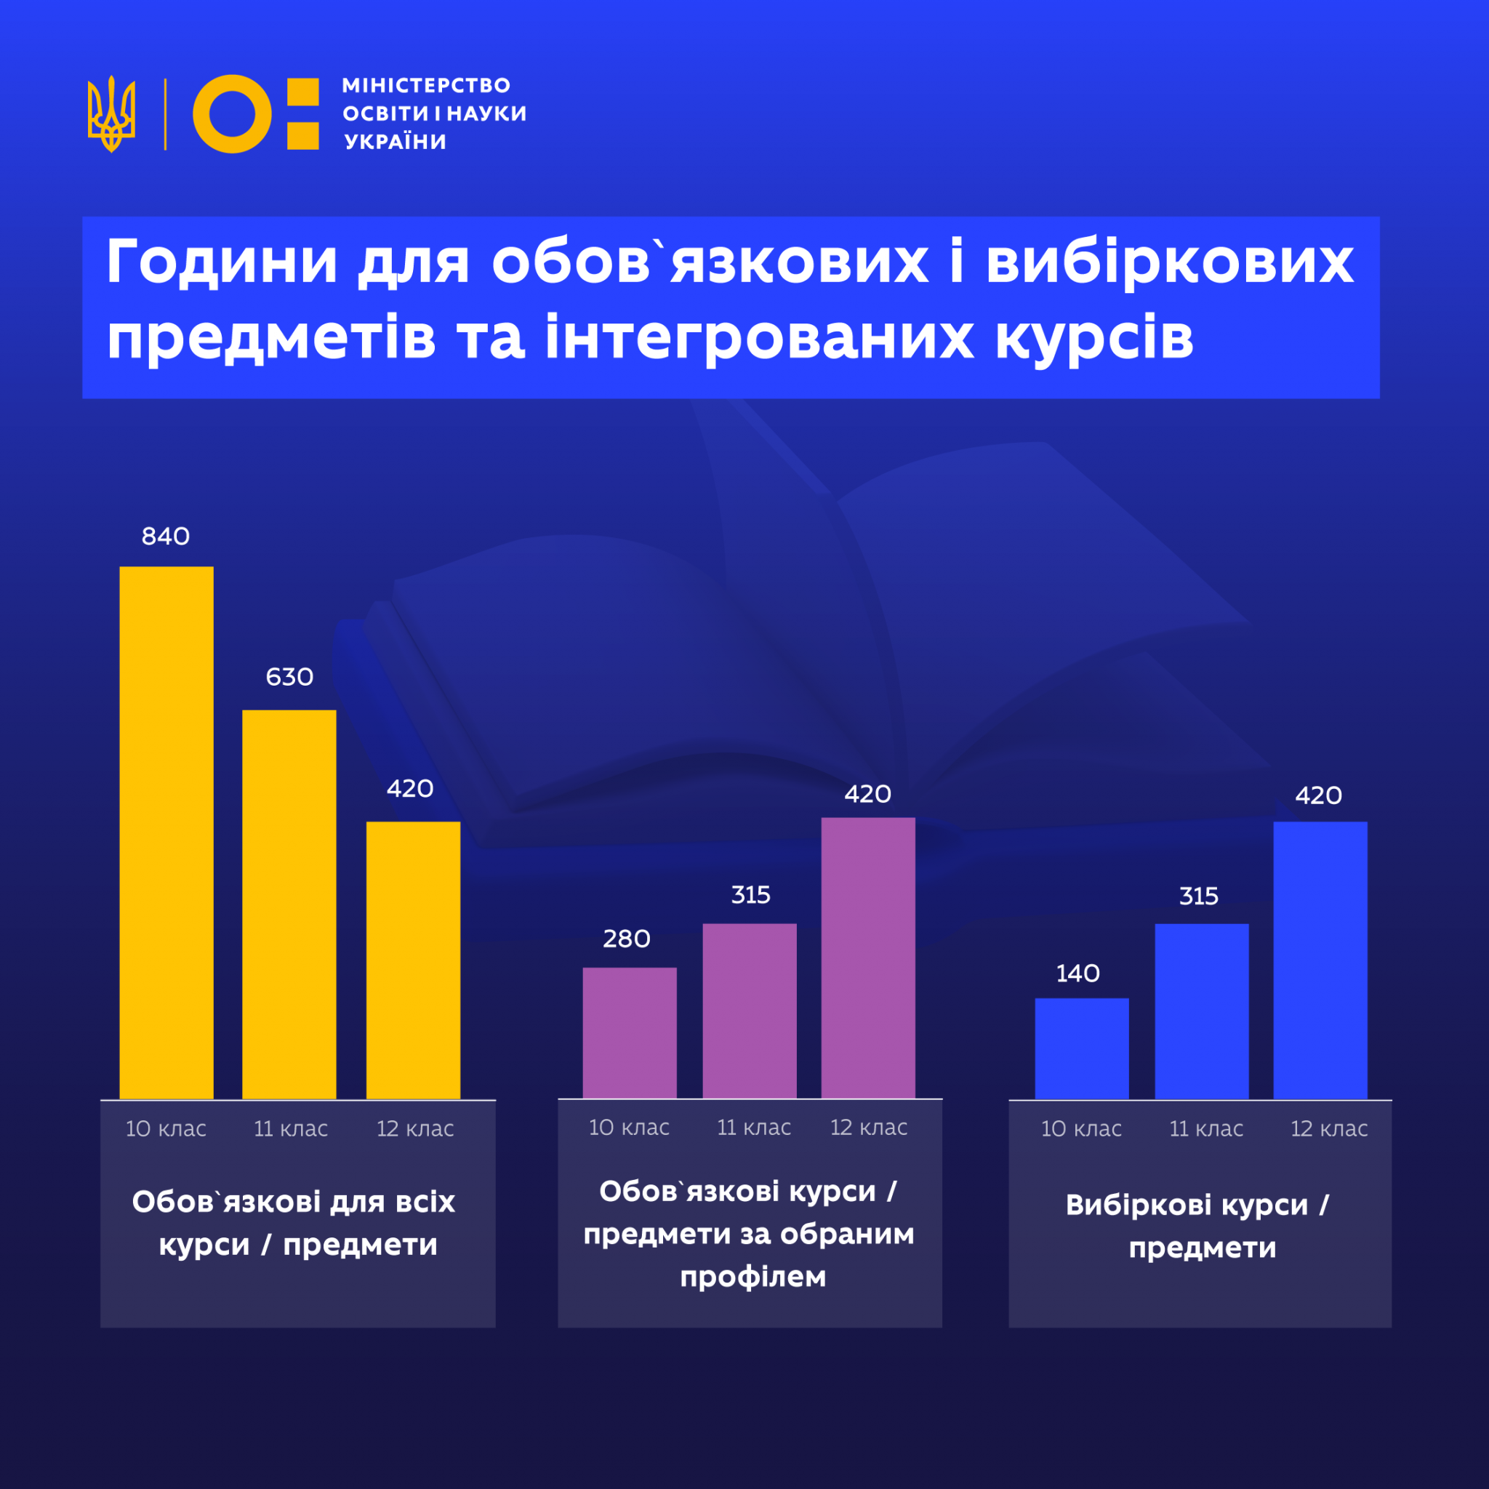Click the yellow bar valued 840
coord(166,832)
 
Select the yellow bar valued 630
coord(289,904)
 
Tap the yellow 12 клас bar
coord(413,960)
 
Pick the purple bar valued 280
coord(630,1032)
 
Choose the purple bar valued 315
coord(749,1011)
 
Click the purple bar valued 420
coord(868,958)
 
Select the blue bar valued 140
coord(1081,1048)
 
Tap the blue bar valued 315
coord(1202,1011)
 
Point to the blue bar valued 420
coord(1320,960)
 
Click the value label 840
coord(166,537)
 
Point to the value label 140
coord(1077,974)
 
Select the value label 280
coord(627,939)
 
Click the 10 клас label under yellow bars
coord(166,1129)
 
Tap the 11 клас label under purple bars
coord(754,1128)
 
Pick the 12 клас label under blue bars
coord(1329,1129)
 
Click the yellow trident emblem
coord(112,114)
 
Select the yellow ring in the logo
coord(231,114)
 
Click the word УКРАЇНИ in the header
coord(396,142)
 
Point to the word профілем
coord(753,1277)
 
